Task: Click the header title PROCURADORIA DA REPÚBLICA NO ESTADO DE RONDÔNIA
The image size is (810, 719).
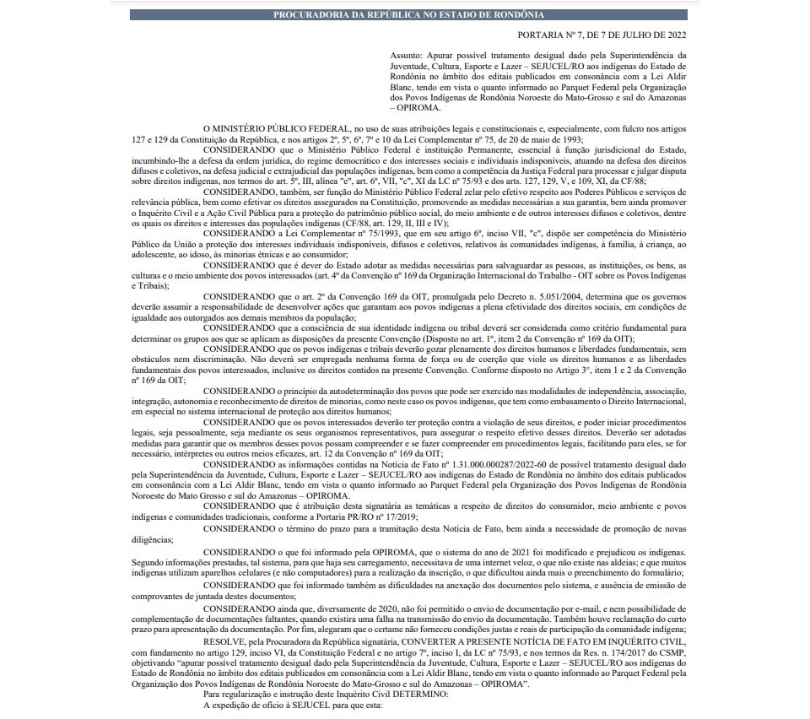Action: tap(408, 15)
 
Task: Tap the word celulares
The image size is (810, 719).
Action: tap(223, 572)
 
